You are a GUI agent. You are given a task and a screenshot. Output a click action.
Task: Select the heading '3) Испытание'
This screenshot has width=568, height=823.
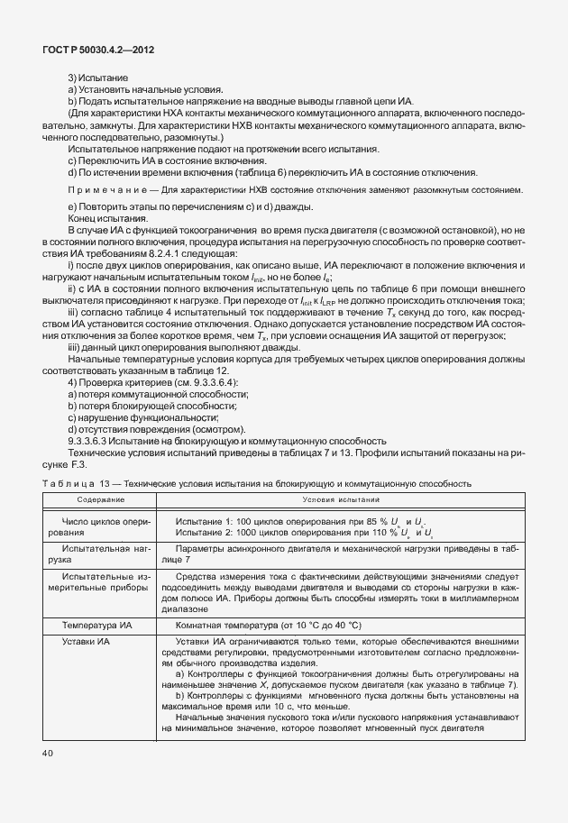[x=97, y=78]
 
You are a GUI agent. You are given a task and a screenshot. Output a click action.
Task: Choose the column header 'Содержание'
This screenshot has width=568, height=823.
[x=100, y=498]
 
